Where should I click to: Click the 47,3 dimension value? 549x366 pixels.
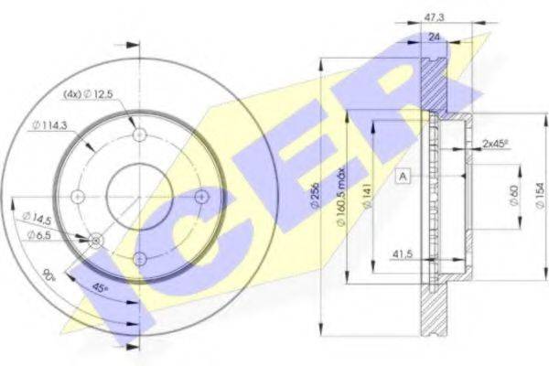(434, 17)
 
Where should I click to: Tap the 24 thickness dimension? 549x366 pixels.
(434, 37)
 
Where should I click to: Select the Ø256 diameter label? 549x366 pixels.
(315, 196)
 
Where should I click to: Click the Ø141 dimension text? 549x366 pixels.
(367, 196)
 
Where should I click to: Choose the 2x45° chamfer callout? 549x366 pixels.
(495, 144)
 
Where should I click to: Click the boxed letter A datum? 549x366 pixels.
(403, 177)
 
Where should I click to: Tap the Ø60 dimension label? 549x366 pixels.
(513, 196)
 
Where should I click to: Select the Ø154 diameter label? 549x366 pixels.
(540, 196)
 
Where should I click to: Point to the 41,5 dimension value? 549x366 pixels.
(403, 253)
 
